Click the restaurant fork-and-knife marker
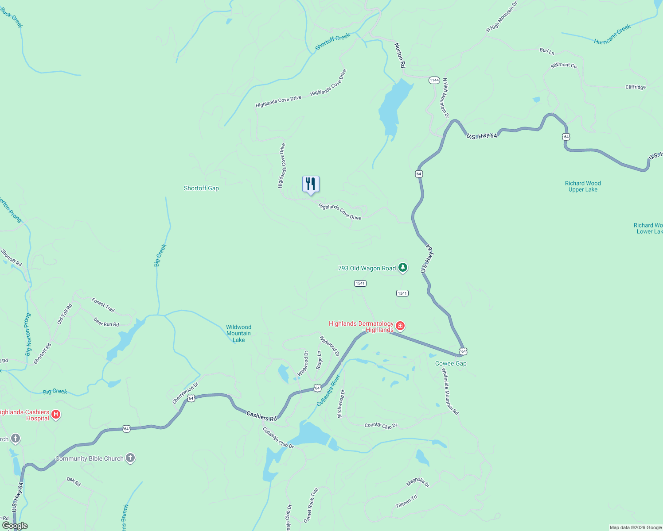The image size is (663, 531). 311,184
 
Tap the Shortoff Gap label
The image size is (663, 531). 201,188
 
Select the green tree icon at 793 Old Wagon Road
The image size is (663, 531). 402,267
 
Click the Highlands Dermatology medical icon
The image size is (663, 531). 400,327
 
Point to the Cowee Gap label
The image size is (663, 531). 451,363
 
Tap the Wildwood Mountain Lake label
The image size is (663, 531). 238,334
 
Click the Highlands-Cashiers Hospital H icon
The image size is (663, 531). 56,415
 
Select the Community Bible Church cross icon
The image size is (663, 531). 130,458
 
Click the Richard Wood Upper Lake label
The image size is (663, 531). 583,186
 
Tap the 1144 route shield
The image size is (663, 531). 434,80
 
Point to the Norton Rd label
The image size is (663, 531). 400,55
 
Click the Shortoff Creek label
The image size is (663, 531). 332,42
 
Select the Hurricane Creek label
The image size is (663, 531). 612,35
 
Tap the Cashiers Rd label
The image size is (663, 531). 261,416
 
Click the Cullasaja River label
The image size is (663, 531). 328,390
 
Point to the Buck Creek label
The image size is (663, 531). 12,18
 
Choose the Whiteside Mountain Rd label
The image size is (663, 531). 450,392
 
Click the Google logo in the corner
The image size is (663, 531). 15,526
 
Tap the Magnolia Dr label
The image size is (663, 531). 418,482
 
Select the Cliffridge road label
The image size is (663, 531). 635,87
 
